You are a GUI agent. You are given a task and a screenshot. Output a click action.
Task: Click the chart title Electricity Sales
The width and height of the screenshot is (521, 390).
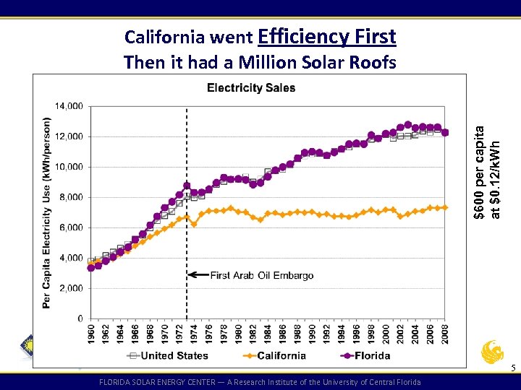pyautogui.click(x=251, y=88)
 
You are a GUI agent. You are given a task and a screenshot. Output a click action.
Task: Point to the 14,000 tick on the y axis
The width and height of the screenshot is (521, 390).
pyautogui.click(x=69, y=105)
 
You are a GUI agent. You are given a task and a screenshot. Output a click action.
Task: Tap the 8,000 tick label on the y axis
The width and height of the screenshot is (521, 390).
pyautogui.click(x=71, y=197)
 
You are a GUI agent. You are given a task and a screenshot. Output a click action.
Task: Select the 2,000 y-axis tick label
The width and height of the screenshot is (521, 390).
pyautogui.click(x=71, y=288)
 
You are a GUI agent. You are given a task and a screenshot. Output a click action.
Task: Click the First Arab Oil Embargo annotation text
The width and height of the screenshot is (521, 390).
pyautogui.click(x=262, y=275)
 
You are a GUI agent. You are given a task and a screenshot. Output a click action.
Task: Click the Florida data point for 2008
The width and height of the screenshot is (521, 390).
pyautogui.click(x=445, y=132)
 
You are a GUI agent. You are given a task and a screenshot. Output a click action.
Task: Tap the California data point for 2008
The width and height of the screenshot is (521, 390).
pyautogui.click(x=445, y=207)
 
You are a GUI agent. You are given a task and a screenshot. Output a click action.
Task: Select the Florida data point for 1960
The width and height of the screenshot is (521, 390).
pyautogui.click(x=91, y=268)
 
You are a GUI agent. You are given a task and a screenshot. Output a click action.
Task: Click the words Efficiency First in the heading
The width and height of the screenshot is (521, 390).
pyautogui.click(x=326, y=36)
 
